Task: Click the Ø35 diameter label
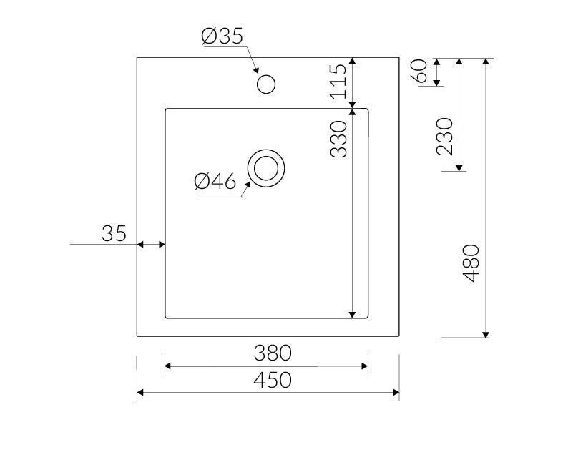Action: point(222,36)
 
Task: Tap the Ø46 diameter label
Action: point(215,181)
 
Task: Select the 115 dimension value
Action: point(338,82)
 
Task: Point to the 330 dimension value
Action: point(338,139)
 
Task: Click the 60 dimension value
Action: point(419,71)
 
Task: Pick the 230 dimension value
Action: point(444,137)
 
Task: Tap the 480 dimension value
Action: point(471,263)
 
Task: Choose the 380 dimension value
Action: point(273,353)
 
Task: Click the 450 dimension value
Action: point(273,380)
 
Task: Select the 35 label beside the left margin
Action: point(114,233)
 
